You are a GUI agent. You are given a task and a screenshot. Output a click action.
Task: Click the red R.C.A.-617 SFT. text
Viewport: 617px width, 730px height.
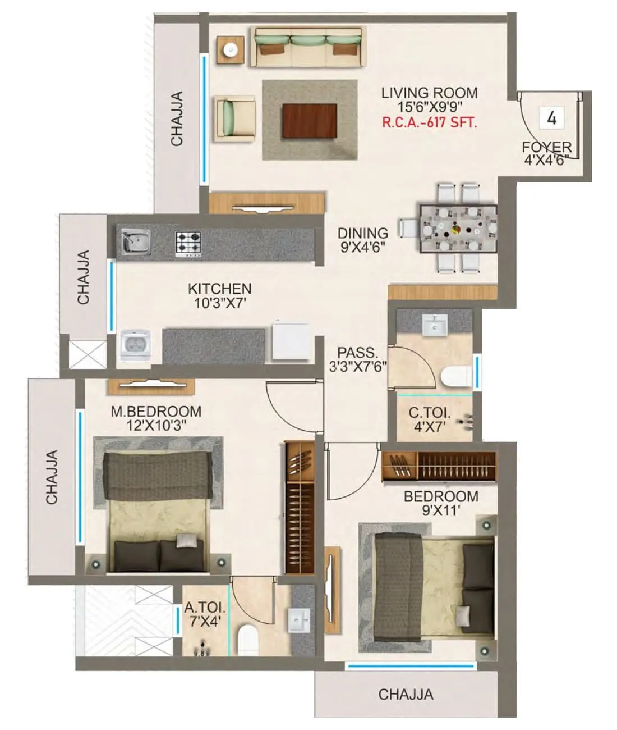430,122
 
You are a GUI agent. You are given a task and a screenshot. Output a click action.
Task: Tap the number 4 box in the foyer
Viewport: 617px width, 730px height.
552,118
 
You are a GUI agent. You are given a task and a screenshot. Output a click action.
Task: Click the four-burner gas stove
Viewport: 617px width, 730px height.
188,244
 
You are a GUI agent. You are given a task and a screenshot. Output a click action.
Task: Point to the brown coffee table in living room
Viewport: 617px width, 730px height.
310,120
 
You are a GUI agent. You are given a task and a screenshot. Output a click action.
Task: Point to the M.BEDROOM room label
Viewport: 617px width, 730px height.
156,412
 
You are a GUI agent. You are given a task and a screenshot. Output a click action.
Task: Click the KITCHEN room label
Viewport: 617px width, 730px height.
219,289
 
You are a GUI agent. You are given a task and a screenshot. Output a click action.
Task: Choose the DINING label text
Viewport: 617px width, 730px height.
363,233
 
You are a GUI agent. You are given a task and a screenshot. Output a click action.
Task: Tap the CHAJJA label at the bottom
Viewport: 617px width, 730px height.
406,695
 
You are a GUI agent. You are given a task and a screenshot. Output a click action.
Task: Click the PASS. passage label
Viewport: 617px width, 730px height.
358,353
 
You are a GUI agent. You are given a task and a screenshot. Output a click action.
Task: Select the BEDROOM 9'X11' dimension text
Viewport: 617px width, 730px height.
441,510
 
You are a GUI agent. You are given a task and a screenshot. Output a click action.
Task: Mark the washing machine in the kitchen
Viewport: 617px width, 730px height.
135,344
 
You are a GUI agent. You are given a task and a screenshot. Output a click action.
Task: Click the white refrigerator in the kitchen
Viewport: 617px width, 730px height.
291,340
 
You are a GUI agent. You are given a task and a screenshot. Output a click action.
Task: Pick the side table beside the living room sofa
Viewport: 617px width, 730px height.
231,51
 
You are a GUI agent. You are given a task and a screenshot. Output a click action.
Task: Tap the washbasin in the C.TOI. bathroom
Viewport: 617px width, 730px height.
434,325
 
